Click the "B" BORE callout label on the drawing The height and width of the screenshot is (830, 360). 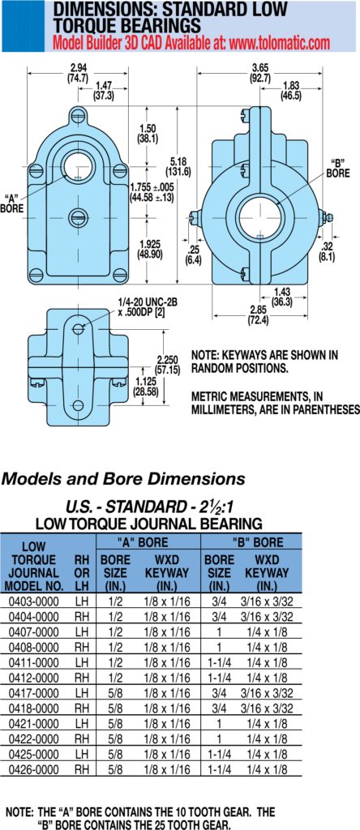[336, 167]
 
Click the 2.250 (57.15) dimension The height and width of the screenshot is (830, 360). [167, 363]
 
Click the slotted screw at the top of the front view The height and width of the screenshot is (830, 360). [79, 113]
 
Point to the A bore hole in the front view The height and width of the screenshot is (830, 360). [79, 163]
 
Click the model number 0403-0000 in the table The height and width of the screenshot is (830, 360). [34, 601]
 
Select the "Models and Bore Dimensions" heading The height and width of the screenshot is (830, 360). [123, 480]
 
